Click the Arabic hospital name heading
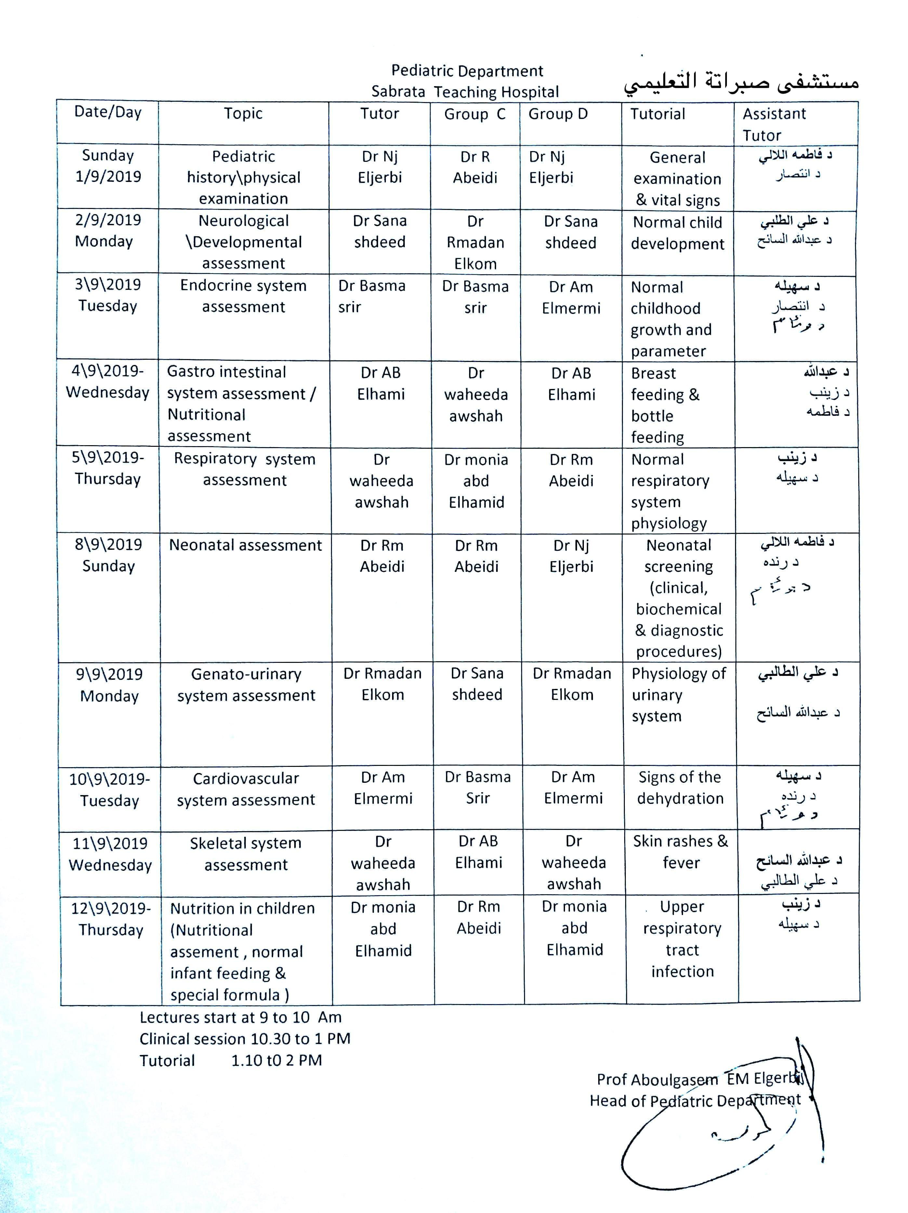(740, 82)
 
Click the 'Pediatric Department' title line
(467, 71)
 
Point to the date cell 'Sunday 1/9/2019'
(108, 166)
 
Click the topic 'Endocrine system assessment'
(243, 296)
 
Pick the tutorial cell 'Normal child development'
(677, 233)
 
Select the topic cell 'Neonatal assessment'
(245, 545)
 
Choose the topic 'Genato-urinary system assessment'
(246, 684)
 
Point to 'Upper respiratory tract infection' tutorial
(682, 938)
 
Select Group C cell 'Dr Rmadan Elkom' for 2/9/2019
(475, 242)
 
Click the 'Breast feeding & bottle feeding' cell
(665, 405)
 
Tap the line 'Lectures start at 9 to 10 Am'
(240, 1017)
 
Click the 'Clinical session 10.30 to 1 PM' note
(245, 1039)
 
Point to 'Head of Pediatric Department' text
(695, 1101)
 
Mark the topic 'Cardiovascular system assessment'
(246, 789)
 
